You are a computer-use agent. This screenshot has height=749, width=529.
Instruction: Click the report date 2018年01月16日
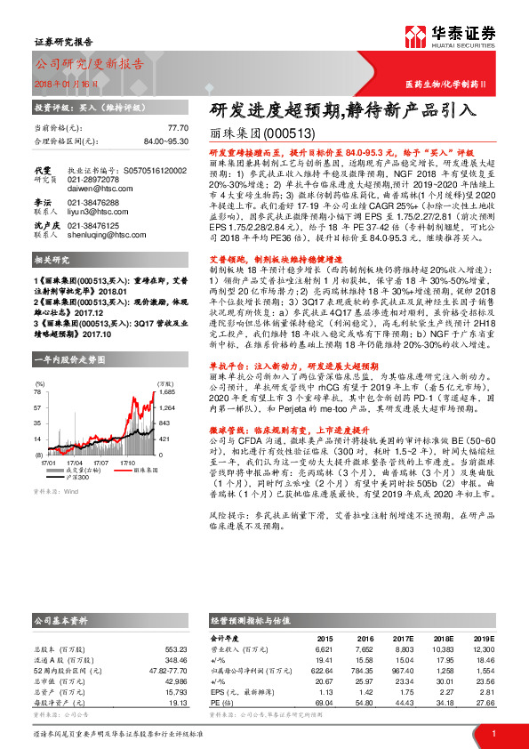67,83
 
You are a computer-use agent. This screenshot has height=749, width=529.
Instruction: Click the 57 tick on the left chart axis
38,407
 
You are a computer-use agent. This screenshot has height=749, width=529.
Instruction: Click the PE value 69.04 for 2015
320,703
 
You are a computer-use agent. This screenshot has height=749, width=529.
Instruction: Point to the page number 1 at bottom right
493,734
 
